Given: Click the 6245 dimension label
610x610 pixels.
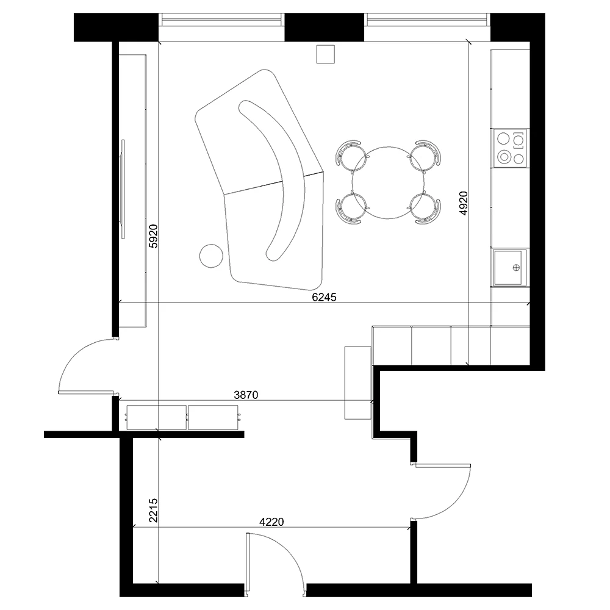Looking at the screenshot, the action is coord(324,297).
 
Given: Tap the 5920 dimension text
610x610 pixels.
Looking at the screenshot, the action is coord(154,235).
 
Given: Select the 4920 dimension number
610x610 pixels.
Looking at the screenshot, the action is coord(464,203).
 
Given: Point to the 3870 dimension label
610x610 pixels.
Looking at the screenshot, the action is coord(246,395).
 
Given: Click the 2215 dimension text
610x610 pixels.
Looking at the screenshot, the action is coord(154,510).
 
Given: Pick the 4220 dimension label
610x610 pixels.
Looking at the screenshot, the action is coord(271,522).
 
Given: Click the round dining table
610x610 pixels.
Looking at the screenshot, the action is coord(388,183).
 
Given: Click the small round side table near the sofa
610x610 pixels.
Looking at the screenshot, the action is coord(211,256).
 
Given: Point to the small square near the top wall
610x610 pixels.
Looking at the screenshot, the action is coord(325,54).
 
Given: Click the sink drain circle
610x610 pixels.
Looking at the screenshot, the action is coord(516,267).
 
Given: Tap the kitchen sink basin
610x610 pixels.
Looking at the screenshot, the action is coord(508,268).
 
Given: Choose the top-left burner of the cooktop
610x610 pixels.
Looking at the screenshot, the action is coord(503,138).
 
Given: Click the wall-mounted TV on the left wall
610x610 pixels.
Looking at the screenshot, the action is coord(123,189).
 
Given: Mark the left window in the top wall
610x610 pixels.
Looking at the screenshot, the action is coord(221,20).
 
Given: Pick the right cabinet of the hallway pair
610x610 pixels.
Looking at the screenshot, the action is coord(213,417).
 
